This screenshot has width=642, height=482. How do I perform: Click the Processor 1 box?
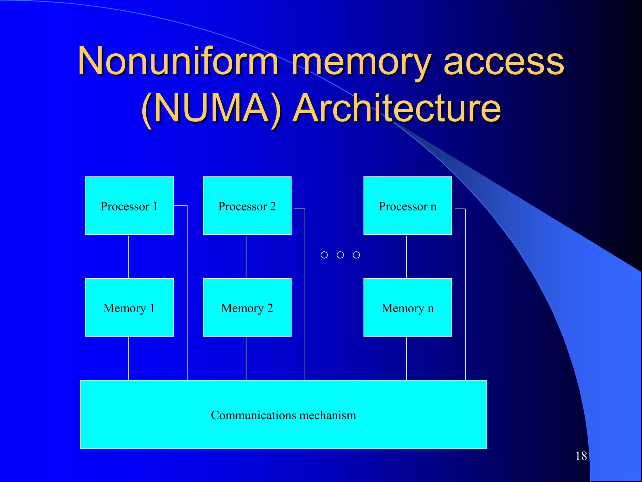tap(129, 206)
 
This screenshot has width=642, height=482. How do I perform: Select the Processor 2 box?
tap(247, 206)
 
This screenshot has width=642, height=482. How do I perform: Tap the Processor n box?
tap(408, 206)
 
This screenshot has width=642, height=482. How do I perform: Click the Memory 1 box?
tap(129, 307)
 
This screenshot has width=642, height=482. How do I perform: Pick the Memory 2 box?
tap(247, 307)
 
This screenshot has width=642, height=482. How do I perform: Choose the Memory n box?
tap(408, 307)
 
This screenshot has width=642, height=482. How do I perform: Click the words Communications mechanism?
tap(283, 415)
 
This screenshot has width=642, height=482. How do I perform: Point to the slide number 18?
tap(581, 456)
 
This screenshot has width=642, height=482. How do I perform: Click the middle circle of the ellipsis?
tap(340, 255)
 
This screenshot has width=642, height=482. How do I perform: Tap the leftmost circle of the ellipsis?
tap(324, 255)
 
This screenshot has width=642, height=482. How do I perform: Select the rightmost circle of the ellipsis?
tap(356, 255)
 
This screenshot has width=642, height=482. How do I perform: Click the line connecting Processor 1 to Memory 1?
tap(128, 256)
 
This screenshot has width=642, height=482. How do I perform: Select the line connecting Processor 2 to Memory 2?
tap(246, 256)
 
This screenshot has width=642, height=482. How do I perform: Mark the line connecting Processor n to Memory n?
tap(407, 256)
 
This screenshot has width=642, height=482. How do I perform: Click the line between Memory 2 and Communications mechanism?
tap(246, 358)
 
